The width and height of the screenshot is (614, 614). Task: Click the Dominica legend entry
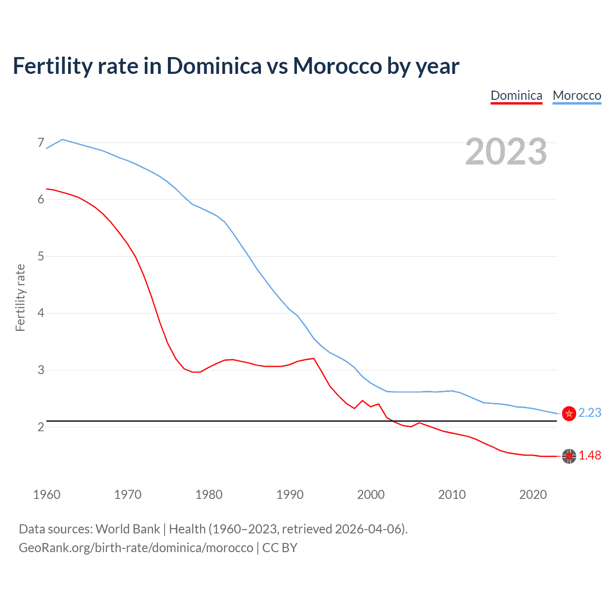pyautogui.click(x=516, y=95)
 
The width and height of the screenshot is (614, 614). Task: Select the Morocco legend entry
pyautogui.click(x=577, y=95)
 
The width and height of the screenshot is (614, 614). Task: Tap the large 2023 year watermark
pyautogui.click(x=506, y=152)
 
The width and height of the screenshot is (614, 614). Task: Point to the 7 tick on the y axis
pyautogui.click(x=41, y=142)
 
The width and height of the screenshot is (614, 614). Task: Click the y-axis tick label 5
pyautogui.click(x=41, y=256)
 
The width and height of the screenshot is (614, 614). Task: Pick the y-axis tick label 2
pyautogui.click(x=41, y=427)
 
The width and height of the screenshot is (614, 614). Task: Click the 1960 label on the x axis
pyautogui.click(x=47, y=495)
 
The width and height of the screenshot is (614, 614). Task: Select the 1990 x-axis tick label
pyautogui.click(x=290, y=495)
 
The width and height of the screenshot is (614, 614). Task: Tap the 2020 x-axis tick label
pyautogui.click(x=533, y=495)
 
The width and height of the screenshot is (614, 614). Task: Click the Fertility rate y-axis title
pyautogui.click(x=20, y=297)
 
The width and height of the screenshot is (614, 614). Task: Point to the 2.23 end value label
pyautogui.click(x=590, y=413)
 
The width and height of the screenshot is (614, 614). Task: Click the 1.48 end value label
pyautogui.click(x=590, y=455)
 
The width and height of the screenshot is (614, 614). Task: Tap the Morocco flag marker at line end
pyautogui.click(x=569, y=413)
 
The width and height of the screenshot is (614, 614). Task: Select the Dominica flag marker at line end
pyautogui.click(x=569, y=456)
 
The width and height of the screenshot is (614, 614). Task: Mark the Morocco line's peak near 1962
pyautogui.click(x=62, y=140)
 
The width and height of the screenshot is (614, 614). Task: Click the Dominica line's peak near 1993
pyautogui.click(x=314, y=358)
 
